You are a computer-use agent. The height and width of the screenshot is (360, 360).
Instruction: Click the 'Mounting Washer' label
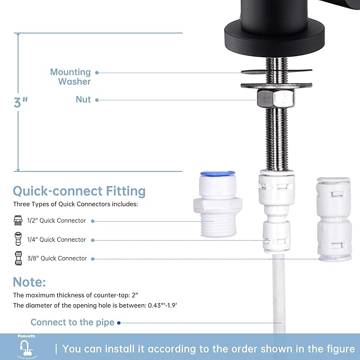(x=71, y=77)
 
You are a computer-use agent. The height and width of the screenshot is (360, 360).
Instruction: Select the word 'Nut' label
(x=83, y=100)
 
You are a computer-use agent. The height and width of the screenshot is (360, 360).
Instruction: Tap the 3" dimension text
(x=21, y=102)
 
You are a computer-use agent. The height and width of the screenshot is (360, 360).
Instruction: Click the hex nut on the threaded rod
(x=276, y=98)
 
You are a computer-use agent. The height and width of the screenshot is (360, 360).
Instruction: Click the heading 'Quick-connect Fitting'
(x=79, y=191)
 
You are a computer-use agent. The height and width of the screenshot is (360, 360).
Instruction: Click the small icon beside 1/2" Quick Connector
(x=19, y=221)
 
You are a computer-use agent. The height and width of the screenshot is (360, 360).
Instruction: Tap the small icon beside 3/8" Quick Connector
(x=19, y=259)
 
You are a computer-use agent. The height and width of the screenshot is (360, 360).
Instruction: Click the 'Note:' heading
(x=30, y=282)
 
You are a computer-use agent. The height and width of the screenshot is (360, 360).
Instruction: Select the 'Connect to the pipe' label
(x=72, y=322)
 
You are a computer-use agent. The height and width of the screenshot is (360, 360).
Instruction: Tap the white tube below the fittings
(x=276, y=297)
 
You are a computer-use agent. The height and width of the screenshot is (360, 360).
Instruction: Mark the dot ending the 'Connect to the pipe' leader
(x=119, y=322)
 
